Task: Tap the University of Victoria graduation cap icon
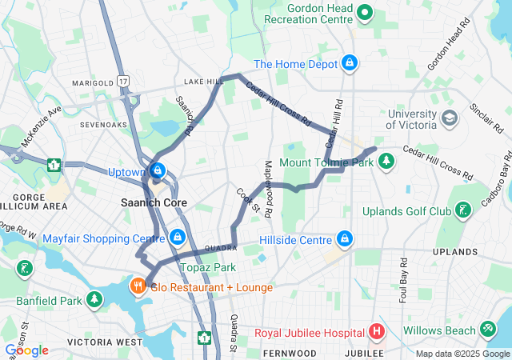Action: (450, 118)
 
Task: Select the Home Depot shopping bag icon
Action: (350, 62)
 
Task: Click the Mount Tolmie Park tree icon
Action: (387, 162)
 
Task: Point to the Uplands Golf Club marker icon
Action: (462, 211)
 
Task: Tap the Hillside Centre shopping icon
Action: (345, 239)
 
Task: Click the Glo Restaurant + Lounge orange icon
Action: (138, 286)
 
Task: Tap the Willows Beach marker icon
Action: (487, 329)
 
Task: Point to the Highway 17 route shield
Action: (122, 81)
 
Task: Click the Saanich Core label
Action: (154, 202)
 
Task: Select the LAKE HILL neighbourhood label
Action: (203, 82)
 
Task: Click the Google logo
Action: (26, 350)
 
